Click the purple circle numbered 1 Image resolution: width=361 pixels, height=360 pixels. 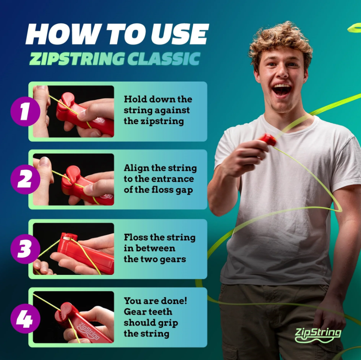(25, 111)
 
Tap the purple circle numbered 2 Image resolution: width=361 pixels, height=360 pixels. (25, 179)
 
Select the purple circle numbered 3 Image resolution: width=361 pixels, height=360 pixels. (25, 249)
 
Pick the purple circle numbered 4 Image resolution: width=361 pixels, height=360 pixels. (25, 318)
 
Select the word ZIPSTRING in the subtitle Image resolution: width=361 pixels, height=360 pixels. (77, 58)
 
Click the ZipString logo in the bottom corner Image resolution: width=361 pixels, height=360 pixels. (318, 335)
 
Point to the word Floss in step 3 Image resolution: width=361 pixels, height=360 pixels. (136, 237)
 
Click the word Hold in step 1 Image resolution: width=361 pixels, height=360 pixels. (134, 99)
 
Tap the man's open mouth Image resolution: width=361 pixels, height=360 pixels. (281, 90)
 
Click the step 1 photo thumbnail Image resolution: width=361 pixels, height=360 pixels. (74, 111)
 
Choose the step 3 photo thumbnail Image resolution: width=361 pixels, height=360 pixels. (74, 249)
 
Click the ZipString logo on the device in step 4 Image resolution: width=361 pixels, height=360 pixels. (89, 331)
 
